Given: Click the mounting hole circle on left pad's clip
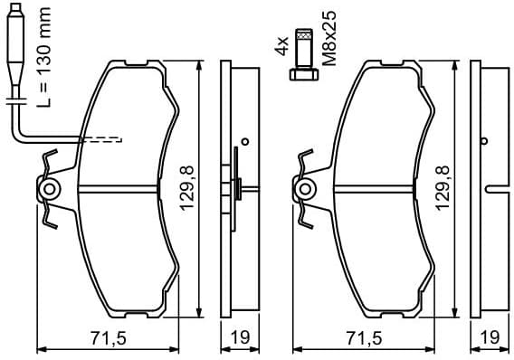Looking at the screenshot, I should (50, 190).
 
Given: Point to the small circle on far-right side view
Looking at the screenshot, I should (485, 140).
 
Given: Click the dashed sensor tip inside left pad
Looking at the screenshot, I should (102, 139).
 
